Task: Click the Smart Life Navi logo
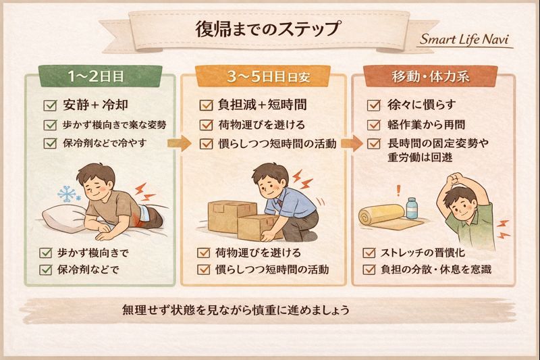[464, 39]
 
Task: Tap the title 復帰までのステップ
[268, 28]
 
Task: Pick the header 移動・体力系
[431, 76]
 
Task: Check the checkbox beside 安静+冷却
[50, 105]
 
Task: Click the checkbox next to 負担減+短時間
[207, 105]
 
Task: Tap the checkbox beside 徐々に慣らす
[374, 105]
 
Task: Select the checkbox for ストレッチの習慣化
[369, 253]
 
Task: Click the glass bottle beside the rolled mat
[412, 208]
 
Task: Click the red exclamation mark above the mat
[399, 190]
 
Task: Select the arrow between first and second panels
[179, 143]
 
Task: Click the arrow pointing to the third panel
[352, 143]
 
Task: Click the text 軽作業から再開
[427, 125]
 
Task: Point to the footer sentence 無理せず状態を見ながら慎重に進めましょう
[236, 310]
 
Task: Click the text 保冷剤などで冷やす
[105, 143]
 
